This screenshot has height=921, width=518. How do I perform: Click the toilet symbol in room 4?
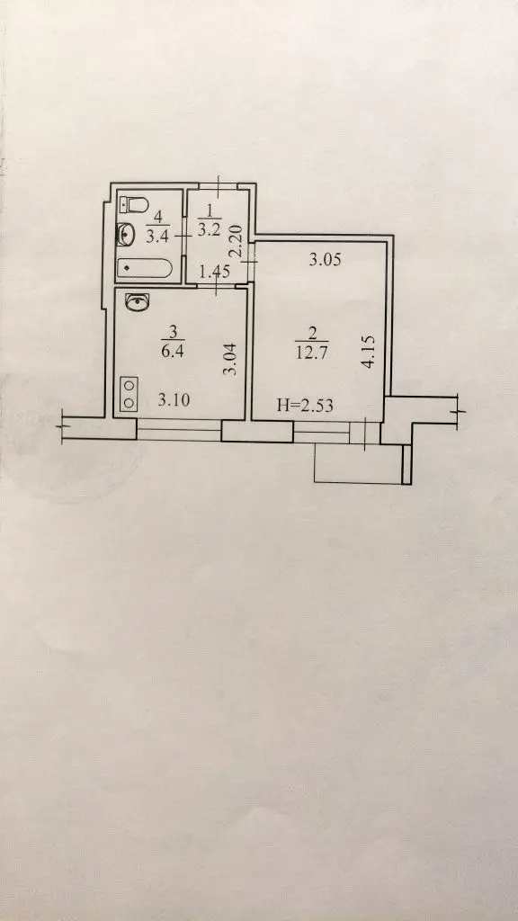point(134,205)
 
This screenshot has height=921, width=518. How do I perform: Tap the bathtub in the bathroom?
point(145,269)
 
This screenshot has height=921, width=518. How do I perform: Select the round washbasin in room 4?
point(126,235)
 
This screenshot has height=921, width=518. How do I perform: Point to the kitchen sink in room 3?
point(138,302)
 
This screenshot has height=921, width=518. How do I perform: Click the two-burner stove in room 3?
point(129,394)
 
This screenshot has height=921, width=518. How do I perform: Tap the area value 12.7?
point(312,353)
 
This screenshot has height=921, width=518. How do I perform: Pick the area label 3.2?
point(209,229)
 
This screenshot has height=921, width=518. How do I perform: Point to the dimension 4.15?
point(368,352)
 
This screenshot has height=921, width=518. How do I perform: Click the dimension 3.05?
point(325,260)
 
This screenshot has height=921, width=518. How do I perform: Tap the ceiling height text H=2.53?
point(305,405)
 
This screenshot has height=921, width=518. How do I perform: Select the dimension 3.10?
point(174,400)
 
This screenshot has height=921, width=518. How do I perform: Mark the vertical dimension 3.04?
point(231,359)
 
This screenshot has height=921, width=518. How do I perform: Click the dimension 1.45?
point(214,272)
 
